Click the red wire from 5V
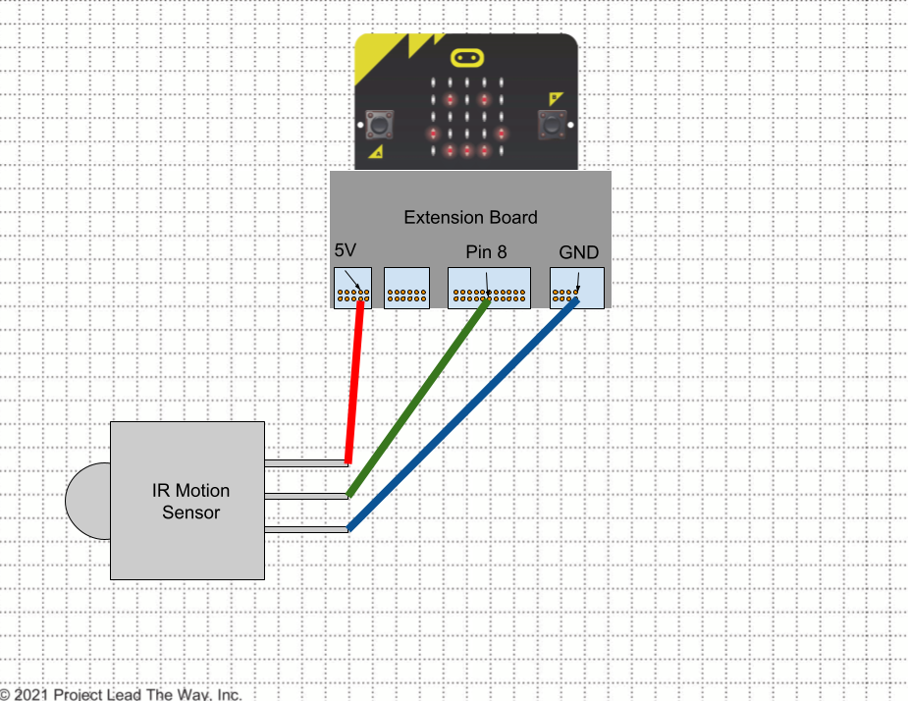tap(354, 382)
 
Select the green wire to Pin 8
tap(418, 398)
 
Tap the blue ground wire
tap(462, 414)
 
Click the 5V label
tap(346, 250)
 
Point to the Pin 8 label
tap(487, 252)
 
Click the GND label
tap(578, 252)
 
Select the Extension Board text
tap(471, 217)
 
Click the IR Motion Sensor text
tap(191, 501)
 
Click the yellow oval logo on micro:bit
tap(466, 58)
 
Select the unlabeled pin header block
tap(407, 288)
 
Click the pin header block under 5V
tap(352, 288)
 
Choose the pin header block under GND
tap(577, 288)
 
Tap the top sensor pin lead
tap(305, 462)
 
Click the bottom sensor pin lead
tap(305, 529)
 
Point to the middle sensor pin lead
tap(305, 496)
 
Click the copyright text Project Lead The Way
tap(121, 694)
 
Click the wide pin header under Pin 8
tap(489, 288)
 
